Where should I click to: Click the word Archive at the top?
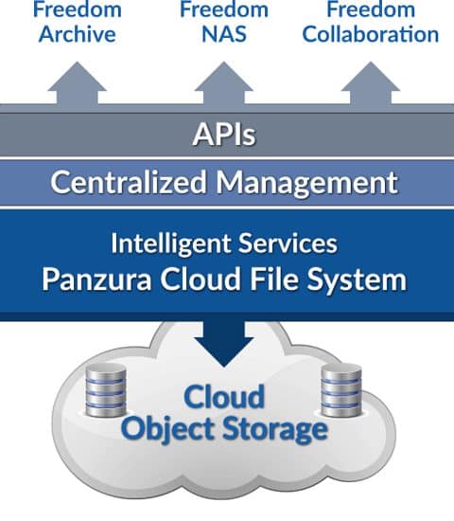tap(77, 34)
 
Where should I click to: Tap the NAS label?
tap(224, 34)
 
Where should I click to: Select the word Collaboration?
tap(371, 34)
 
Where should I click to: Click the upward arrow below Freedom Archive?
tap(77, 83)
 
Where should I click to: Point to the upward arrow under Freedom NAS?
tap(224, 83)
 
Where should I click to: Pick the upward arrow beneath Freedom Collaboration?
tap(371, 83)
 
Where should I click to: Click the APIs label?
tap(224, 135)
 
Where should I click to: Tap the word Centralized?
tap(129, 182)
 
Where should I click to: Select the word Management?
tap(307, 183)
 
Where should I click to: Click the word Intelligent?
tap(172, 243)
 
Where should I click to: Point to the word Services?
tap(288, 243)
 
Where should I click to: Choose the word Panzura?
tap(96, 279)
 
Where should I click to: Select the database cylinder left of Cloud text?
tap(106, 390)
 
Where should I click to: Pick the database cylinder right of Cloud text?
tap(341, 390)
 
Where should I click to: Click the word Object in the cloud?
tap(167, 429)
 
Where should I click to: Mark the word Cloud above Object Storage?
tap(224, 396)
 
